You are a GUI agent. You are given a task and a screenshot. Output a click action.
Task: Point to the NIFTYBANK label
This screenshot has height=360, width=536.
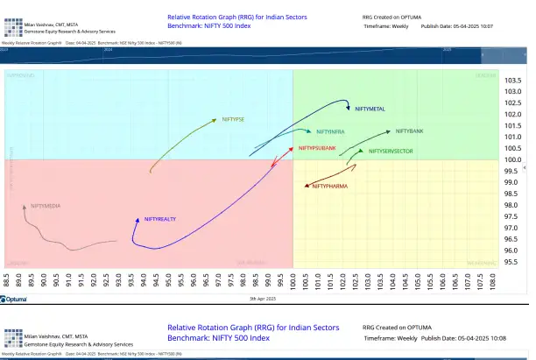pos(409,131)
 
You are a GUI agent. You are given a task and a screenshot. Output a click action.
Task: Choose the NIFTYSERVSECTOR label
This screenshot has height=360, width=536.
pos(391,152)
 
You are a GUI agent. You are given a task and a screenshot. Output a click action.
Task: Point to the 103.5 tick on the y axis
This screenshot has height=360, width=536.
pos(513,81)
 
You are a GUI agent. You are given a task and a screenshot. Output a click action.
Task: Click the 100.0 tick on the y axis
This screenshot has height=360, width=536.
pos(513,159)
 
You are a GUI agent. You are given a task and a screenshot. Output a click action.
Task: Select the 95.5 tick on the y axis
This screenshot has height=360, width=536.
pos(513,262)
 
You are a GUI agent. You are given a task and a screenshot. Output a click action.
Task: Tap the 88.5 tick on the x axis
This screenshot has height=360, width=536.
pos(7,283)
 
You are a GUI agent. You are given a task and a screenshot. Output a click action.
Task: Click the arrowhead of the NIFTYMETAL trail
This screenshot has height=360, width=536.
pos(349,106)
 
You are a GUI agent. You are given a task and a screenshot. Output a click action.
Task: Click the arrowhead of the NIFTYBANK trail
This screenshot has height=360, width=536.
pos(391,132)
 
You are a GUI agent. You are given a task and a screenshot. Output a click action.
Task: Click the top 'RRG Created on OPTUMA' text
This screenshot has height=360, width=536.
pos(394,17)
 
